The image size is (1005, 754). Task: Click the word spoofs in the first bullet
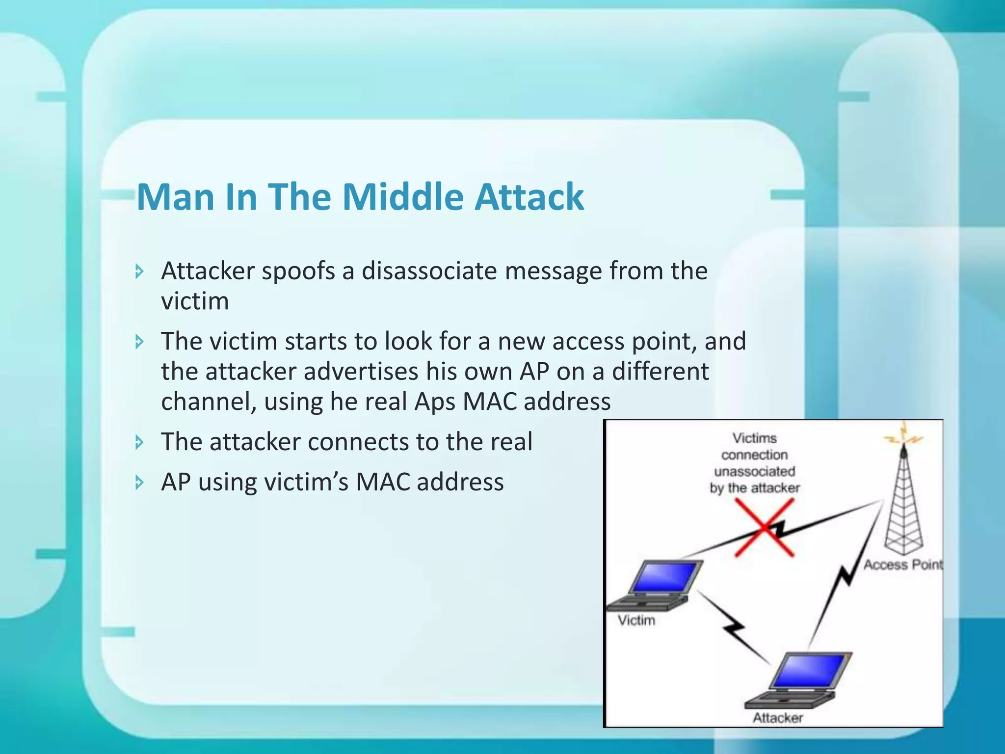click(x=298, y=271)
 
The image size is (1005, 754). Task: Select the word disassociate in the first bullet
click(x=429, y=271)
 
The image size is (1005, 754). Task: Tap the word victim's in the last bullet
click(x=306, y=482)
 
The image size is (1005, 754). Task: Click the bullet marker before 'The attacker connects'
click(x=140, y=442)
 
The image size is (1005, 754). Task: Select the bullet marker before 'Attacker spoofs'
click(x=140, y=271)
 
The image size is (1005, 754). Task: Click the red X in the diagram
click(x=764, y=528)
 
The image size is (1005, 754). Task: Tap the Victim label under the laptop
click(x=636, y=620)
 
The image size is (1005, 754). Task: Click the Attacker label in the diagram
click(x=778, y=718)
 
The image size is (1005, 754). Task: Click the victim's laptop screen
click(x=665, y=577)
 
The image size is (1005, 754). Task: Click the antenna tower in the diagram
click(x=903, y=506)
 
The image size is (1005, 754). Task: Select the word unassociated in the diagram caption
click(x=754, y=471)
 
